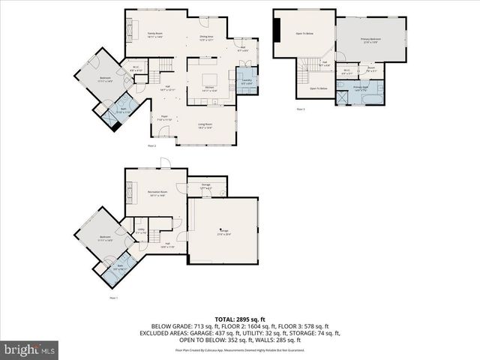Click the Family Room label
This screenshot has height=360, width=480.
[155, 34]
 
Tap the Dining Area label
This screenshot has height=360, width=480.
[207, 37]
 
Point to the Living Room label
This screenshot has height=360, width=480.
[205, 125]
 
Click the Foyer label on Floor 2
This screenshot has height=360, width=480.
[164, 118]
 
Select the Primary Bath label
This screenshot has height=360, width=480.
[361, 88]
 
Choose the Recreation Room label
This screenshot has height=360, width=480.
[157, 193]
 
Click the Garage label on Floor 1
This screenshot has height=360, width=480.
[223, 232]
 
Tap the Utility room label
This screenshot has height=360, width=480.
[140, 232]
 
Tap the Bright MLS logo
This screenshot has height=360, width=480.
[30, 349]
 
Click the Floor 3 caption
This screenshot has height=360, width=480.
[300, 109]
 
